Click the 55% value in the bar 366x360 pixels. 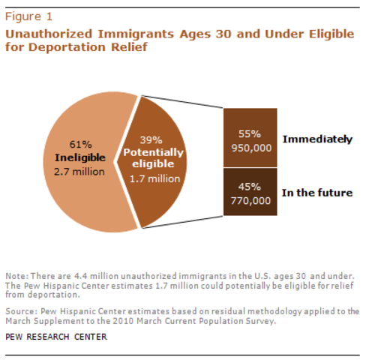point(250,133)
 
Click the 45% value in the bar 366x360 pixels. point(250,187)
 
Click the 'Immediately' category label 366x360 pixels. point(316,139)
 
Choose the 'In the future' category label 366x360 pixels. point(316,193)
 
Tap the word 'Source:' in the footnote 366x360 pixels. point(20,310)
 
